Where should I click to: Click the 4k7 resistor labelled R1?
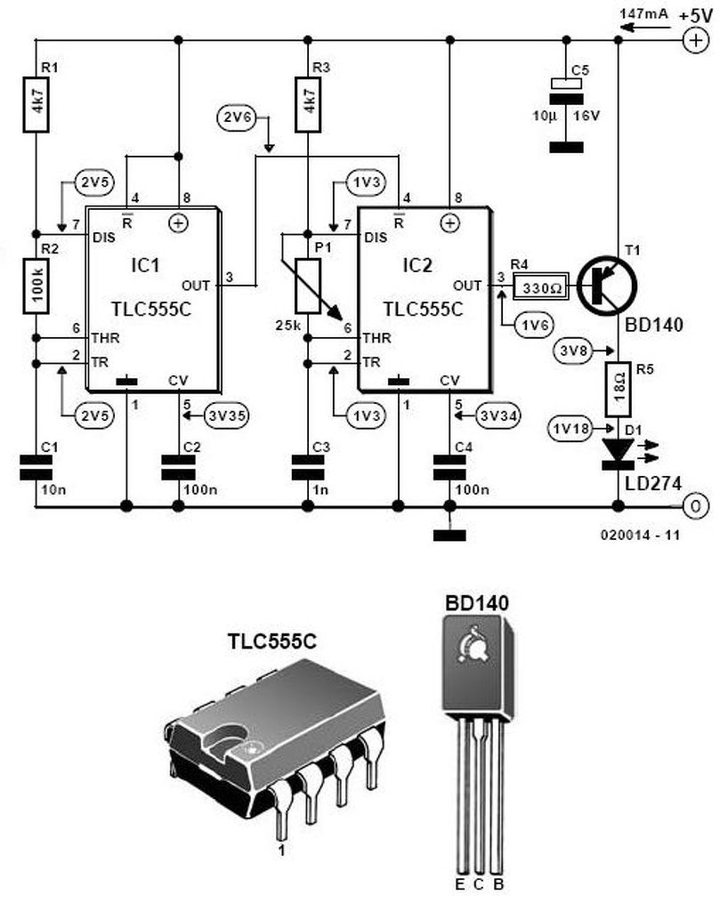[36, 104]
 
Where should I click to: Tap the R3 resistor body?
[308, 104]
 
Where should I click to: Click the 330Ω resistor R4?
[539, 286]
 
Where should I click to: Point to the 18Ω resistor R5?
[619, 390]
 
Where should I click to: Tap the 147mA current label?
[643, 13]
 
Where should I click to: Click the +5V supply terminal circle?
[695, 40]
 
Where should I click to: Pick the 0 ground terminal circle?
[695, 506]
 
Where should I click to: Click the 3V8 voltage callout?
[573, 351]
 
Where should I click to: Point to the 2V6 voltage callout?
[239, 117]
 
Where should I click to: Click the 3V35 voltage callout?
[227, 415]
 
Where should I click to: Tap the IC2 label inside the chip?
[417, 265]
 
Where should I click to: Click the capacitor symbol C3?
[308, 467]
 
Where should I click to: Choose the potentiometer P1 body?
[308, 286]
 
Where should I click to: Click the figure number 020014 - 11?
[640, 535]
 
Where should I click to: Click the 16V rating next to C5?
[586, 115]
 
